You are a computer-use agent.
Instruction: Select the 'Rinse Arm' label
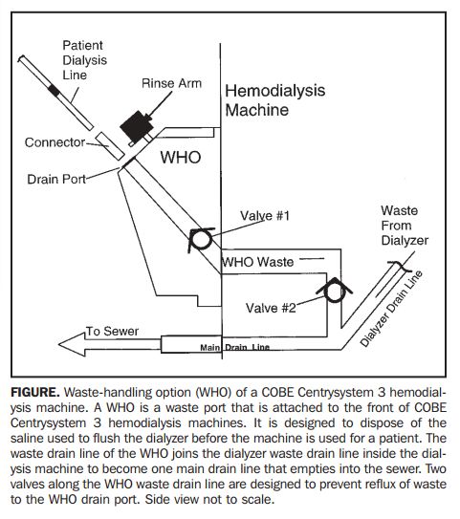tap(171, 83)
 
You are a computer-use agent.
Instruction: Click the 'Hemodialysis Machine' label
tap(274, 100)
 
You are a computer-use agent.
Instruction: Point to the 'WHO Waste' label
tap(257, 262)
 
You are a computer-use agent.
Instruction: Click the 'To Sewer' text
tap(112, 331)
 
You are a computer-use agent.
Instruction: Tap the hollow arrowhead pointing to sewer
tap(73, 344)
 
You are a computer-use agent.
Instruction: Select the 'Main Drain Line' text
tap(235, 348)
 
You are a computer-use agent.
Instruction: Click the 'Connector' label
tap(55, 142)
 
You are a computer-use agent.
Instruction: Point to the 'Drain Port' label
tap(56, 179)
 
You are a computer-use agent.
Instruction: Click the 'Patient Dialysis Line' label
tap(85, 60)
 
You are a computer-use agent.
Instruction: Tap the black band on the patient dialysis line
tap(55, 91)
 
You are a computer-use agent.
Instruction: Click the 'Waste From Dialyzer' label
tap(405, 226)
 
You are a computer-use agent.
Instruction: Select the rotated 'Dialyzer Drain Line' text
tap(391, 309)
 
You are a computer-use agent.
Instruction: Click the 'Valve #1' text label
tap(265, 216)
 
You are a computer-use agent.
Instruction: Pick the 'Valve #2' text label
tap(271, 308)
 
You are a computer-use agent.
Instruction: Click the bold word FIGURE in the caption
tap(35, 392)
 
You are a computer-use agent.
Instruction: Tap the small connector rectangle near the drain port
tap(110, 146)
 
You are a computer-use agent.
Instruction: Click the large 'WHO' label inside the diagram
tap(181, 157)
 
